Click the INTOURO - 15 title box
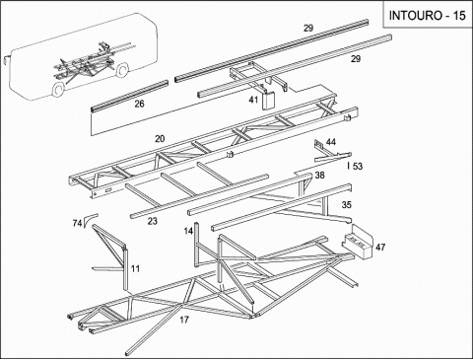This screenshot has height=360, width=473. coord(428,15)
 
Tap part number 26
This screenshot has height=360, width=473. coord(139,104)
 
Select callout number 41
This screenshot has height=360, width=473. coord(253,100)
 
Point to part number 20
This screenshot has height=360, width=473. coord(160,139)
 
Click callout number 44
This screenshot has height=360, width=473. coord(331,142)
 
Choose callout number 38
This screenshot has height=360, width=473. coord(319,176)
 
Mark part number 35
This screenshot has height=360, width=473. coord(347,205)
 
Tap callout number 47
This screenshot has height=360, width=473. coord(380,247)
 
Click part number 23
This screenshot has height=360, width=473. coord(152,221)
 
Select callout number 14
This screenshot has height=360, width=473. coord(188,231)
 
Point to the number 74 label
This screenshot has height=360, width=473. coord(77,224)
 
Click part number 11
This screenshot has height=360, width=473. coord(135,269)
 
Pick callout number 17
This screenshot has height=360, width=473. coord(184,320)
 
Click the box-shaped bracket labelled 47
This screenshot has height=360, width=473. coord(358,241)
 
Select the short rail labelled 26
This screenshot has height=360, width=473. coord(129,96)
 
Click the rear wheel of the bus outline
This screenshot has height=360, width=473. coord(122,70)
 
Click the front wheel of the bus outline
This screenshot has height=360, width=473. coord(58,90)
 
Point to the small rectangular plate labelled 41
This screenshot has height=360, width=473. coord(268,101)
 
